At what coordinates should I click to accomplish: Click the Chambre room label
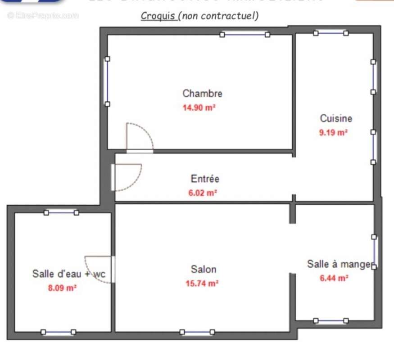tap(202, 94)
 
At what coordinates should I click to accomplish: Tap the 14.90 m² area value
tap(199, 108)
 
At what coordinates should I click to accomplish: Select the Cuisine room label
tap(336, 118)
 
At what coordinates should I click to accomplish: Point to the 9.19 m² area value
tap(333, 133)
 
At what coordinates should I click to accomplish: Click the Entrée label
tap(205, 179)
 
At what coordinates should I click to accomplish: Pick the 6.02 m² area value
tap(203, 193)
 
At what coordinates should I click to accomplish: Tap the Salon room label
tap(204, 269)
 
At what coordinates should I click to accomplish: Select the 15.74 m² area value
tap(202, 283)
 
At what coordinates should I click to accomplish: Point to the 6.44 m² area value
tap(334, 278)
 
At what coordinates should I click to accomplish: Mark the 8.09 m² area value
tap(62, 288)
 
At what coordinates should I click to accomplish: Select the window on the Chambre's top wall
tap(245, 34)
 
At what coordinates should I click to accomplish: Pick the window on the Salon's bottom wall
tap(197, 332)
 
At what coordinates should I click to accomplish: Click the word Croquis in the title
tap(158, 16)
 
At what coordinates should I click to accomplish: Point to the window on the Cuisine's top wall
tap(331, 32)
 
